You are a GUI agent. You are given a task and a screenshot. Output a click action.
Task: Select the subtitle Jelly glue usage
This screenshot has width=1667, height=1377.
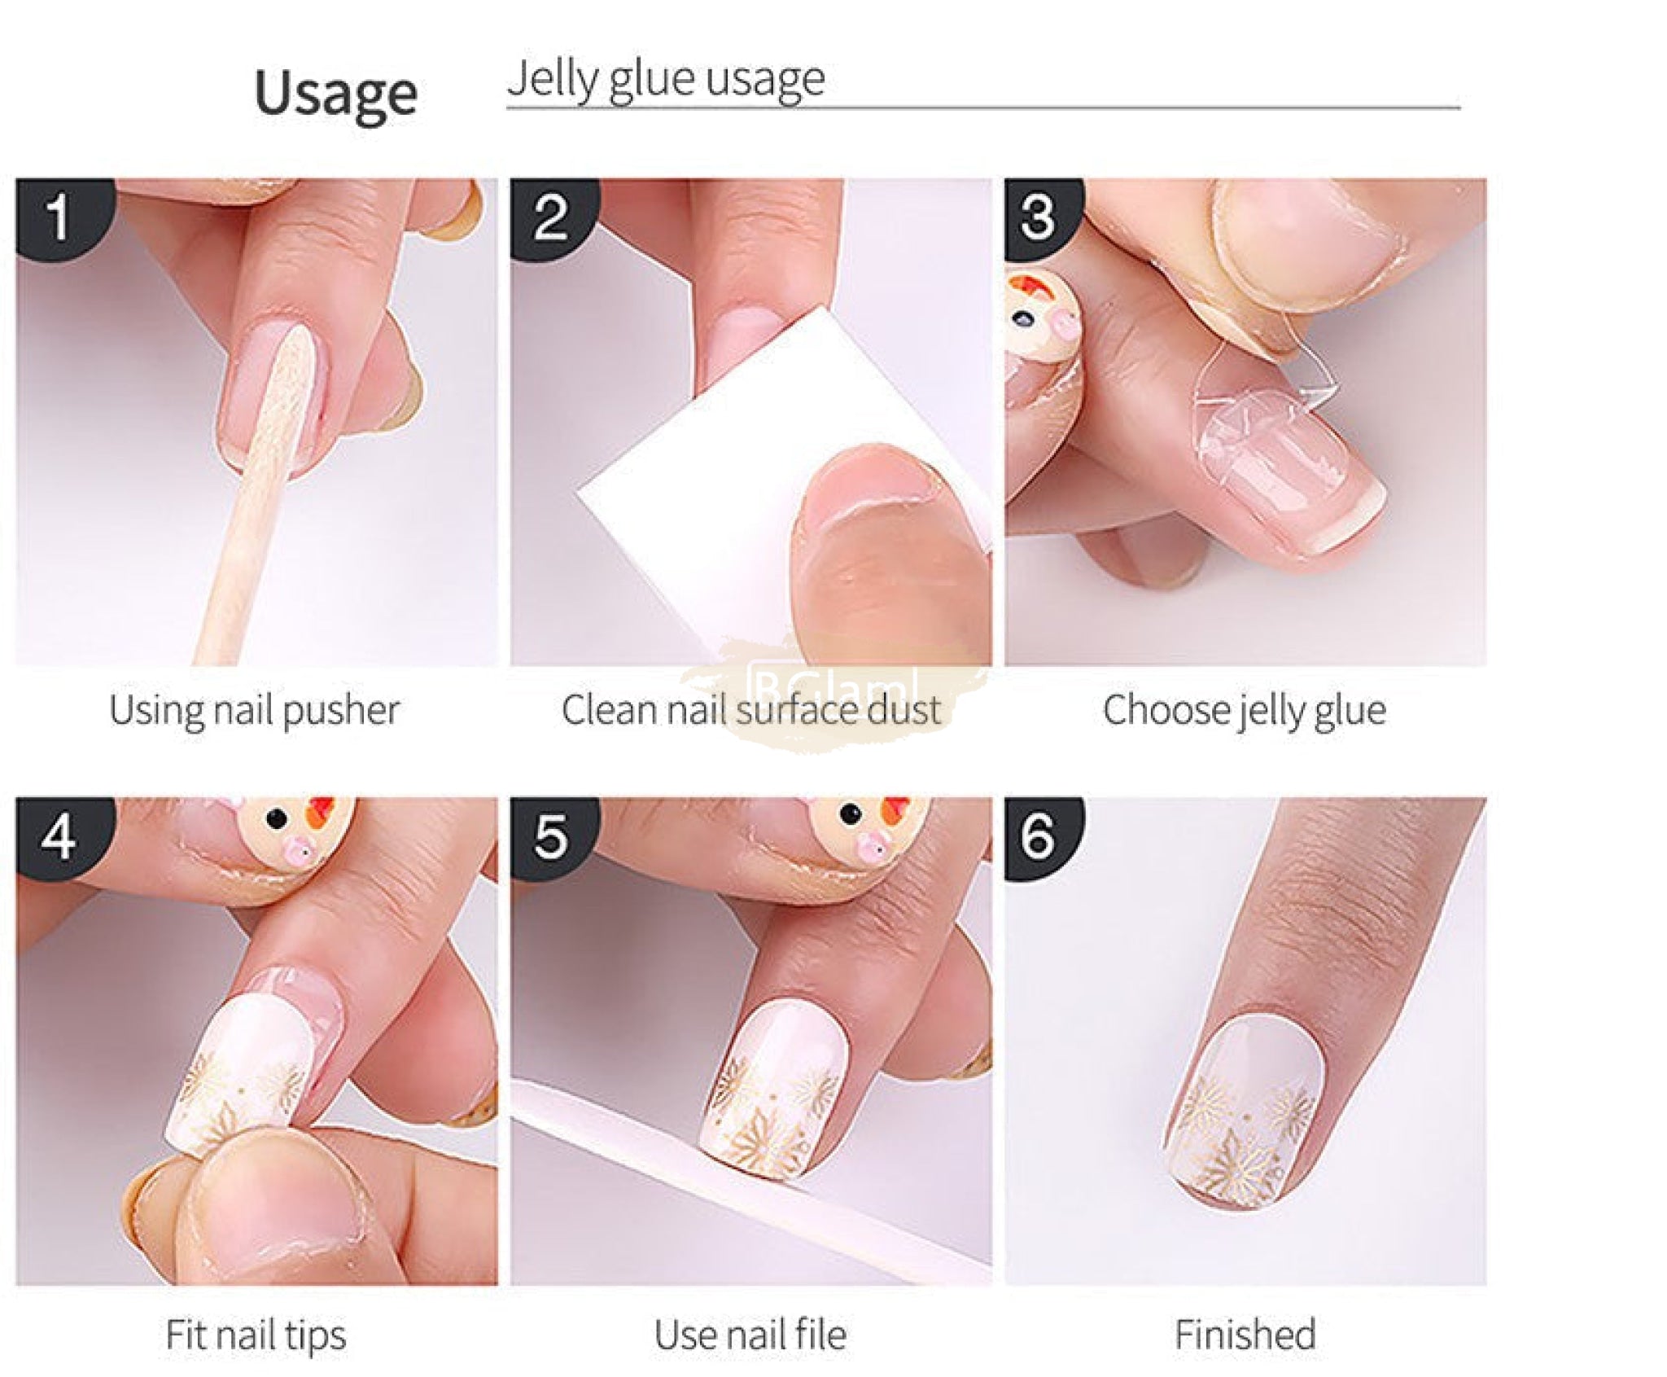point(666,81)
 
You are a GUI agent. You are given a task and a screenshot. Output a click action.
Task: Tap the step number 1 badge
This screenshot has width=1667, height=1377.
point(62,217)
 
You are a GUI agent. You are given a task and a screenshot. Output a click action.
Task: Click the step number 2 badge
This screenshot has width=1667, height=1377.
point(553,217)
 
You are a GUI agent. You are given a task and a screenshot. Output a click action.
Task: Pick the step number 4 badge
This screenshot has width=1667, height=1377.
point(62,836)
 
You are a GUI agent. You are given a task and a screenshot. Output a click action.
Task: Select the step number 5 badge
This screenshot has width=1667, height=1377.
point(553,836)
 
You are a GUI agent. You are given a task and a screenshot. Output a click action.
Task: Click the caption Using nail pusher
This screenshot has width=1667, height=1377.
point(255,711)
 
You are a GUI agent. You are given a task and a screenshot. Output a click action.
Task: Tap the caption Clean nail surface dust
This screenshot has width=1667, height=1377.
point(751,710)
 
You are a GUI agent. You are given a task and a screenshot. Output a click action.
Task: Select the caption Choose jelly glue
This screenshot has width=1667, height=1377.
point(1245,711)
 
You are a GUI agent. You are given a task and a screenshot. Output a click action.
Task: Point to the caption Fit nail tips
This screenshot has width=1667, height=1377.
point(256,1336)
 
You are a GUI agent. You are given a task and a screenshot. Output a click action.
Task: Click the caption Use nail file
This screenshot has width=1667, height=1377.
point(750,1335)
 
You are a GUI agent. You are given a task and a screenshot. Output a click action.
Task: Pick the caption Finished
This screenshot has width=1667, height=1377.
point(1245,1335)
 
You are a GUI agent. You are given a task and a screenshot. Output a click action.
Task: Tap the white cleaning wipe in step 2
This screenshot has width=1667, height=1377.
point(733,489)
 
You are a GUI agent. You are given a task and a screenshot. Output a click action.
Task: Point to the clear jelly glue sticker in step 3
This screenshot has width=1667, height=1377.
point(1262,423)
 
